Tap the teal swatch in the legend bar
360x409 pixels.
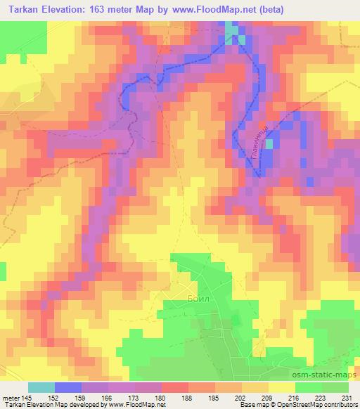pos(41,387)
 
